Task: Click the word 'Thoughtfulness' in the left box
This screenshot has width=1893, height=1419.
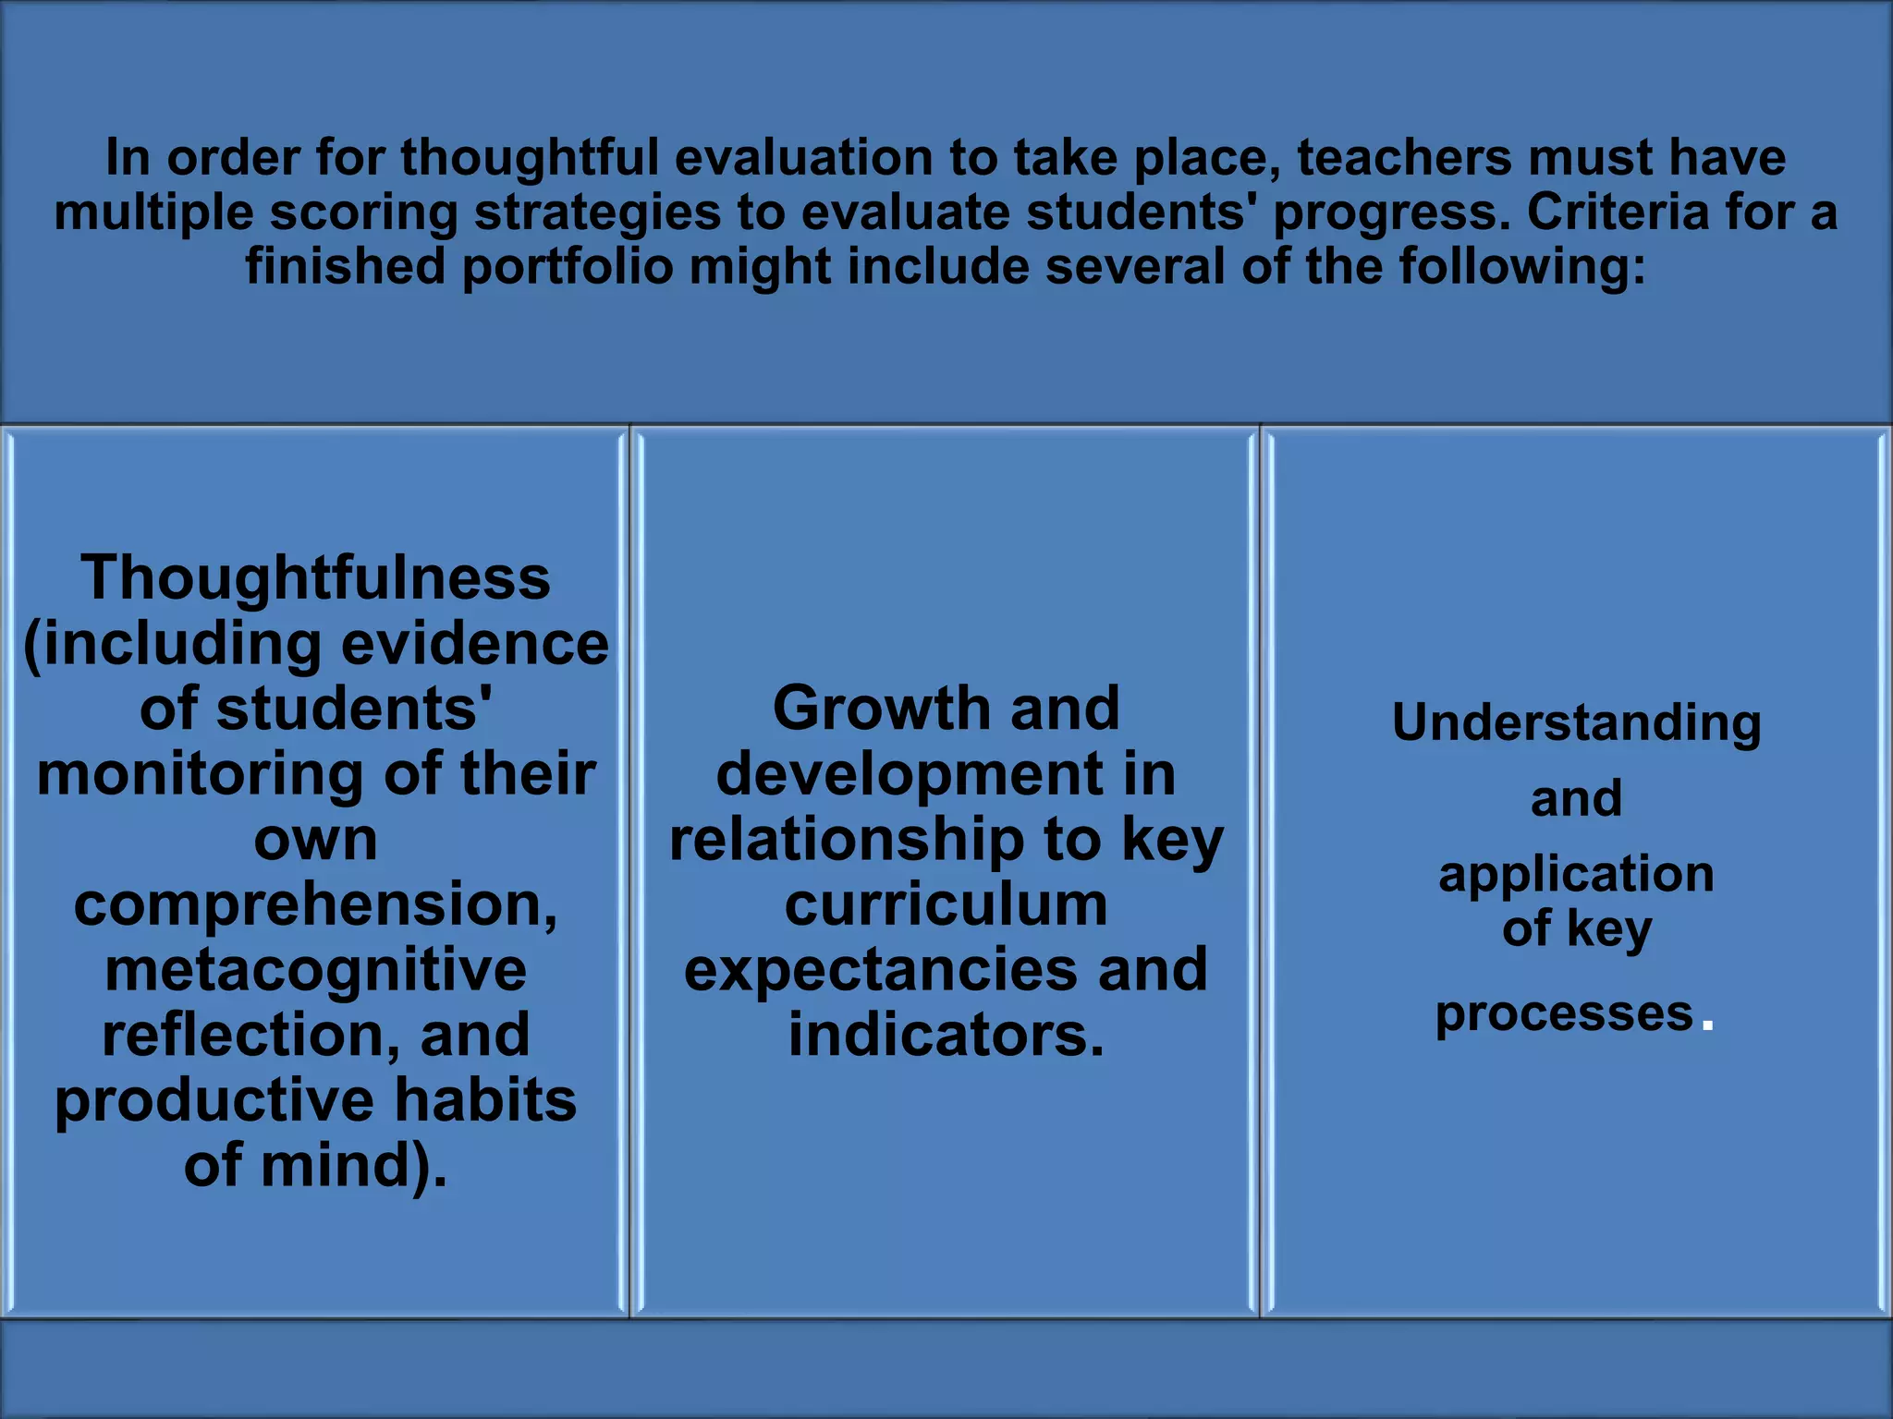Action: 316,578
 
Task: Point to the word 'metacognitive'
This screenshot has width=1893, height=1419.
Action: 316,970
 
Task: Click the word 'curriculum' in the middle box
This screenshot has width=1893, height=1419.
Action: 946,904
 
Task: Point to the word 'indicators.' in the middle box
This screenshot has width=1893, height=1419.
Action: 946,1036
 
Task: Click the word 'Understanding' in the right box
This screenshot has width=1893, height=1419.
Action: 1576,723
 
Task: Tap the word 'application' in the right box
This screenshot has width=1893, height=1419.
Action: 1576,874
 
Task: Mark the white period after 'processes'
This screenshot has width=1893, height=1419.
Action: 1707,1025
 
